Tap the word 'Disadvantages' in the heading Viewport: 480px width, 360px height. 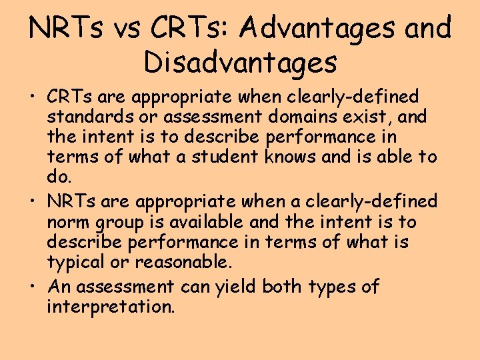coord(240,63)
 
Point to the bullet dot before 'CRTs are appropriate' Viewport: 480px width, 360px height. coord(33,97)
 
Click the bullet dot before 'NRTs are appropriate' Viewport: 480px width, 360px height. coord(33,201)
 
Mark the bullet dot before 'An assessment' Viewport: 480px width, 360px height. coord(33,287)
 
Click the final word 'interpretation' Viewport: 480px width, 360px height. coord(110,308)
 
